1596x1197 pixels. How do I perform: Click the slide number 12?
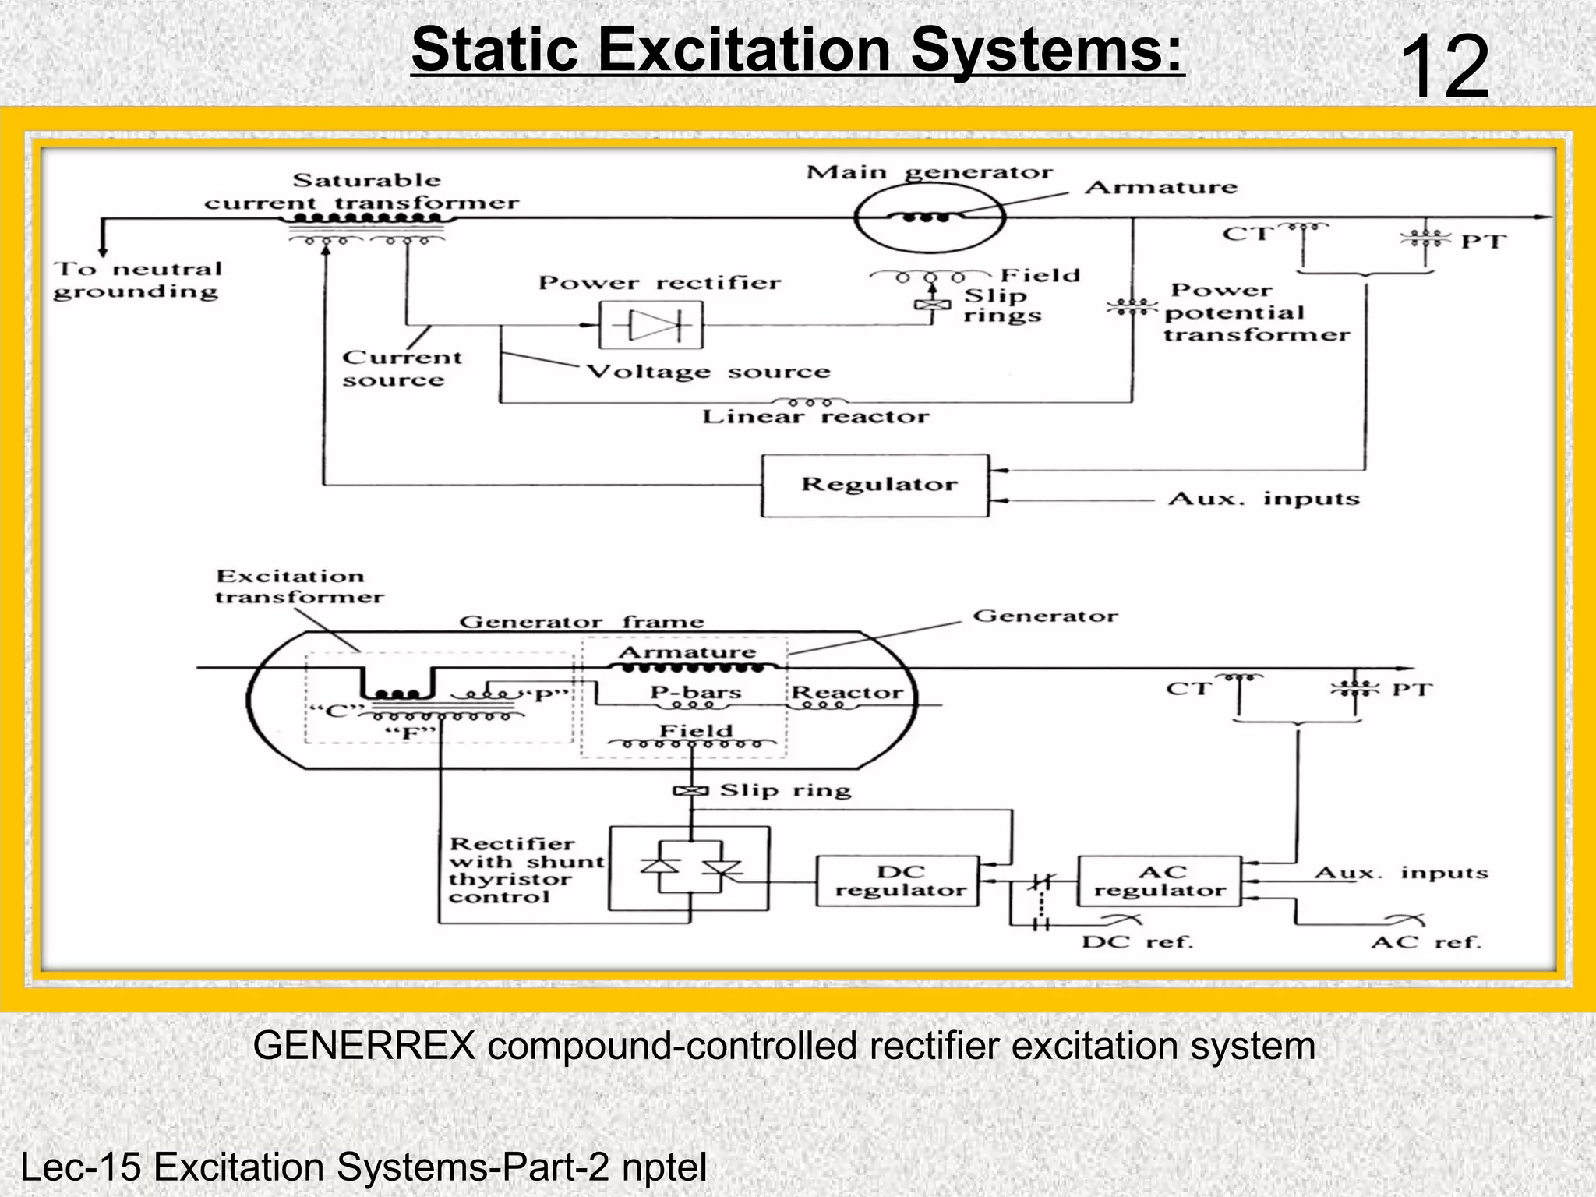[1444, 68]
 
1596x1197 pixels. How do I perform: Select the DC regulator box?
[898, 881]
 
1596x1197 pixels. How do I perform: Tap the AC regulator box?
[1159, 881]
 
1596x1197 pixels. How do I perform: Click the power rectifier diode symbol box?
[651, 325]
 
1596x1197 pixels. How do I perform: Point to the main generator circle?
[927, 218]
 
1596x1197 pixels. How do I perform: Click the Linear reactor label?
[815, 417]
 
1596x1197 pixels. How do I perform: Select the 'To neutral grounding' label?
[137, 281]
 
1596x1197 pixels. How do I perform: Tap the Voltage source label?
[708, 372]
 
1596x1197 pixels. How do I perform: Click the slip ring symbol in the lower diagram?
[690, 792]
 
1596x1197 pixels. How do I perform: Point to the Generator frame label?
[581, 622]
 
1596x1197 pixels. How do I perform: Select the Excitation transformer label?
[298, 587]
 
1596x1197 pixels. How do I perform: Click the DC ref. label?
[1137, 942]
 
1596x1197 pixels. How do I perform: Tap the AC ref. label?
[1425, 942]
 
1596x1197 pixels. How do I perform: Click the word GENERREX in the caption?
[364, 1046]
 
